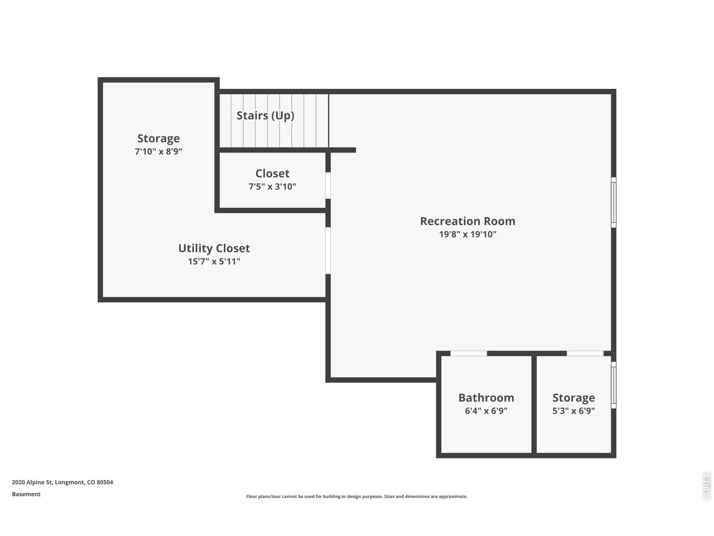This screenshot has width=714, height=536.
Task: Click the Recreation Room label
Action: click(467, 221)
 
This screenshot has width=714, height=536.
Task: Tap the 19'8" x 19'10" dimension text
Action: click(467, 234)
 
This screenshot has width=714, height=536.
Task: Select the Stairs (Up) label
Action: click(266, 116)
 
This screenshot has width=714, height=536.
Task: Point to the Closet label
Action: click(272, 173)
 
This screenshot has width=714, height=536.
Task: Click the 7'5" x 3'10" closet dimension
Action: click(272, 186)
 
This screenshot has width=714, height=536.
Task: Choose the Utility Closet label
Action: click(214, 248)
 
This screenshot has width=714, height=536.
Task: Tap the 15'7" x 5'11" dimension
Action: click(214, 261)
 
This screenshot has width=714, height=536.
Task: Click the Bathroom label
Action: click(486, 398)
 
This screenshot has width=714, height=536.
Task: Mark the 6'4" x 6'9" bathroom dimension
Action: click(486, 411)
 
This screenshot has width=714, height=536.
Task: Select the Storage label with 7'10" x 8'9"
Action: click(158, 138)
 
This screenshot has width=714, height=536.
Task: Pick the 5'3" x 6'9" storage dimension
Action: click(573, 411)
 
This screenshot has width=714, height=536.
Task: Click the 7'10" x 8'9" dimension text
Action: click(158, 151)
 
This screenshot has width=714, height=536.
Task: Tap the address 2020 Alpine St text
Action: click(62, 482)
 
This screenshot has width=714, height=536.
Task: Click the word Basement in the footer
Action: click(26, 494)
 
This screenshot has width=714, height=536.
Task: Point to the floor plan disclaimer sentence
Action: click(357, 496)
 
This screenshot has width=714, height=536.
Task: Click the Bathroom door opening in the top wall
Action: click(469, 353)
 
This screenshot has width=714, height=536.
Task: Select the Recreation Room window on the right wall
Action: click(613, 202)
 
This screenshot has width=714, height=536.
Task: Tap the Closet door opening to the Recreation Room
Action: click(328, 185)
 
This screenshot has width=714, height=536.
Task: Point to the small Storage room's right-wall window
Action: click(613, 385)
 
